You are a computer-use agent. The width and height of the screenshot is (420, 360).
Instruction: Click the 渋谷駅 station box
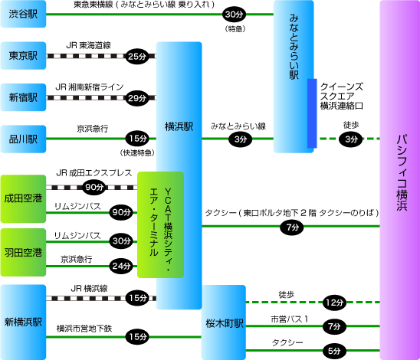pos(23,14)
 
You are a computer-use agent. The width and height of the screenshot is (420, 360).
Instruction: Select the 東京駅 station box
pos(23,56)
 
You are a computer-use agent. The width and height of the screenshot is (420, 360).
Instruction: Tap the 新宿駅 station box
pos(23,97)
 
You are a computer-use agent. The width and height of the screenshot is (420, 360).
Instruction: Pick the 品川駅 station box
pos(23,139)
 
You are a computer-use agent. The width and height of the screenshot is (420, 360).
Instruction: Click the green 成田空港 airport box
pos(23,199)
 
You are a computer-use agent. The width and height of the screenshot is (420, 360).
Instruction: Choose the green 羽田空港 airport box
pos(23,253)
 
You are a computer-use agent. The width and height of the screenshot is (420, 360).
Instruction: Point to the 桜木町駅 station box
pos(224,322)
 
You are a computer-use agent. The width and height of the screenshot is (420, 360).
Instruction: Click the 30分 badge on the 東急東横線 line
pos(234,15)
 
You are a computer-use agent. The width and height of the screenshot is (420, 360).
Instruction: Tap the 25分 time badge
pos(137,56)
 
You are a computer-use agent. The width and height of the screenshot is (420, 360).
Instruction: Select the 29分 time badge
pos(137,98)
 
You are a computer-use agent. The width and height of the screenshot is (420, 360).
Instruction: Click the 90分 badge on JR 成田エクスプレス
pos(94,187)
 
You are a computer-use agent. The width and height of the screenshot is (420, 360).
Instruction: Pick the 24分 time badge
pos(121,266)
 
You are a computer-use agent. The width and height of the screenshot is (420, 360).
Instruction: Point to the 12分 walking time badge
pos(334,303)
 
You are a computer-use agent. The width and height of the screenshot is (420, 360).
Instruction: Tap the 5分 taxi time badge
pos(334,351)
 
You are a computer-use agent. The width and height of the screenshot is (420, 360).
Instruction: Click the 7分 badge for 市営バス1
pos(334,326)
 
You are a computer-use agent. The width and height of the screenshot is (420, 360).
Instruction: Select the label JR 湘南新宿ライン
pos(89,87)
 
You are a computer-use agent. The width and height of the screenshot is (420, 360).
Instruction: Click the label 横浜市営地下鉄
pos(84,329)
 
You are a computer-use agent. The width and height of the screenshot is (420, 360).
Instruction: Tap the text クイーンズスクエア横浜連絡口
pos(342,97)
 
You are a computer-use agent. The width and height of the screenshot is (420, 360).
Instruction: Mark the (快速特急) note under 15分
pos(137,153)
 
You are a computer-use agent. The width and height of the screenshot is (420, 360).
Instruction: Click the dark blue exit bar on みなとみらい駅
pos(312,113)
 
